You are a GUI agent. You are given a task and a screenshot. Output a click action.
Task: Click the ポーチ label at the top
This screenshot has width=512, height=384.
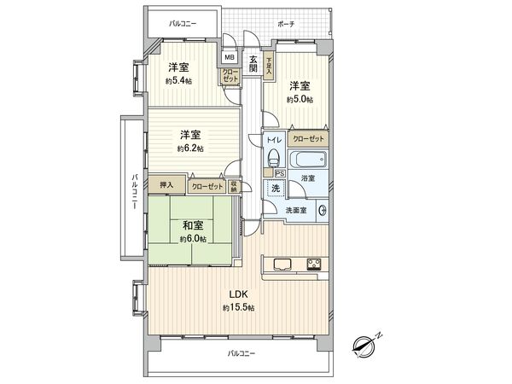click(x=286, y=24)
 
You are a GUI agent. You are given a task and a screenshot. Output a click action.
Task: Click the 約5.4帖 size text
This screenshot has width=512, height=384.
click(x=178, y=82)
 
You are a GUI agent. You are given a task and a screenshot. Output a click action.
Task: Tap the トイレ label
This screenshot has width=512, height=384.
click(x=273, y=138)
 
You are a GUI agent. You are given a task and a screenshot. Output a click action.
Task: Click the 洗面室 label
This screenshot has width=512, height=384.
click(x=298, y=209)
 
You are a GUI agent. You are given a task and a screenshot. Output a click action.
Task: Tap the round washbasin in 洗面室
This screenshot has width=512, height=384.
click(x=323, y=211)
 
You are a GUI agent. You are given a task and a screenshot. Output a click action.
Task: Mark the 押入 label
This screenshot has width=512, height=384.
click(x=166, y=185)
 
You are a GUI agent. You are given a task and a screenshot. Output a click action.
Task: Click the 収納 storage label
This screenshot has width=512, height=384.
click(x=234, y=187)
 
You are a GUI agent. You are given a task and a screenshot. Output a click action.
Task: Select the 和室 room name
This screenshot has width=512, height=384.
click(x=191, y=225)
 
